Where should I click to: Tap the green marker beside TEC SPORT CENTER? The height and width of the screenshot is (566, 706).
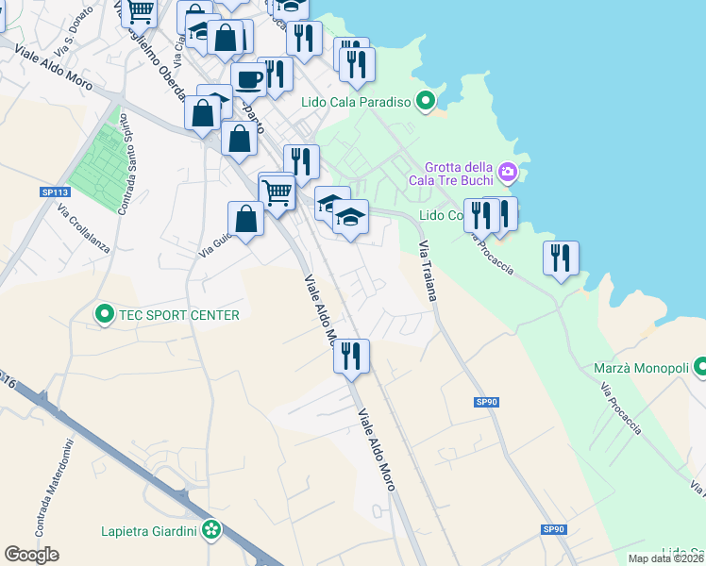click(104, 314)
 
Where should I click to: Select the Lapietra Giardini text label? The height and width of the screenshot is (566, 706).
click(150, 531)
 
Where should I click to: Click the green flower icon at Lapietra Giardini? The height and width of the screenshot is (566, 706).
click(212, 531)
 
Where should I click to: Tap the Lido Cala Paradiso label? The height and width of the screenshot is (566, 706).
click(357, 102)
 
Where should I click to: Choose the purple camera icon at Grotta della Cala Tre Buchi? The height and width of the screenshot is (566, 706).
click(508, 173)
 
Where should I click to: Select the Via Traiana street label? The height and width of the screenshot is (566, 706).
click(428, 270)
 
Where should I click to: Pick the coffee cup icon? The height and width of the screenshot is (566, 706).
click(248, 78)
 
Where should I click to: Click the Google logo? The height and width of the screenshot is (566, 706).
click(31, 555)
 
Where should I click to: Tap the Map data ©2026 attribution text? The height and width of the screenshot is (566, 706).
click(665, 558)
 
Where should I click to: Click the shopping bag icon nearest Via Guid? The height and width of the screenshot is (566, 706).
click(245, 219)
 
